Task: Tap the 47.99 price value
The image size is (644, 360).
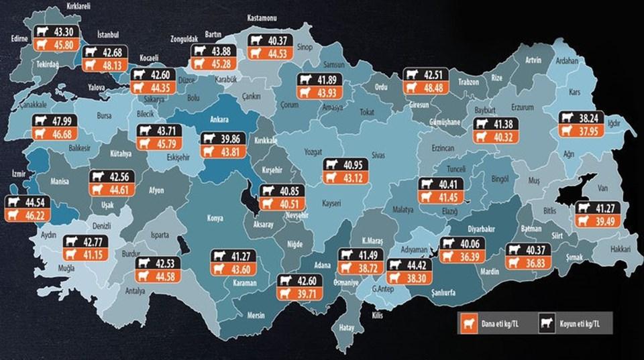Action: click(x=64, y=122)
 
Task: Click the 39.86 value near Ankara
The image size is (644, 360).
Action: click(x=232, y=139)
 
